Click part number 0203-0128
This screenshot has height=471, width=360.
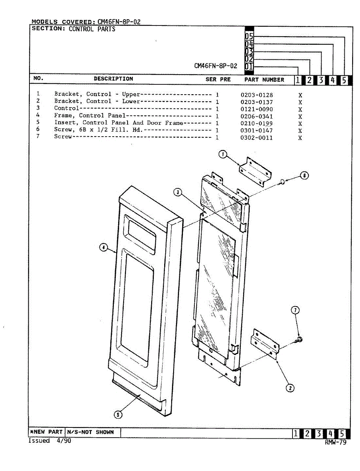257,95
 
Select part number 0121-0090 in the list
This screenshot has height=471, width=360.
257,109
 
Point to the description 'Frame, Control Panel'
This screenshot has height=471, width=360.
90,116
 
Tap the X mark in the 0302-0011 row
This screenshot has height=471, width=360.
300,138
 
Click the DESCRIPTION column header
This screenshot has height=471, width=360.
113,79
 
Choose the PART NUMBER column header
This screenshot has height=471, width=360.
264,80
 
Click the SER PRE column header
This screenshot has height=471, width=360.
218,79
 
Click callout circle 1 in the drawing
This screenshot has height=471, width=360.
223,155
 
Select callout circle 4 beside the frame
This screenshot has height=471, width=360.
103,247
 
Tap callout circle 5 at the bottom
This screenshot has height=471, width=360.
118,414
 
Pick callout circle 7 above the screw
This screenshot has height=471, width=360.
296,310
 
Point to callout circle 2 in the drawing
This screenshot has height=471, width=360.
290,388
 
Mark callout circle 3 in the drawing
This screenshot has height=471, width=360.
178,192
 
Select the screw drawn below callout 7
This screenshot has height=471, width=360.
299,339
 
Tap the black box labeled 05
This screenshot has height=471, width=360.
249,36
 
